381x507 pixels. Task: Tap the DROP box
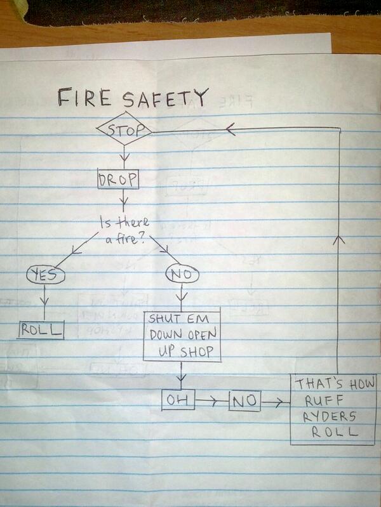(117, 180)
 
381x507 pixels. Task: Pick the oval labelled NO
(182, 275)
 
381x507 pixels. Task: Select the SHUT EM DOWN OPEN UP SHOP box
(182, 336)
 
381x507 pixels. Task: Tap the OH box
(178, 400)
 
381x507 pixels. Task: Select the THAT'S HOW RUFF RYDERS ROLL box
(334, 409)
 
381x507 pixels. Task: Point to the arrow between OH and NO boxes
(211, 401)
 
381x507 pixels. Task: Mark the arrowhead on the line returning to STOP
(231, 129)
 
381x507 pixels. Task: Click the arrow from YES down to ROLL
(45, 299)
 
